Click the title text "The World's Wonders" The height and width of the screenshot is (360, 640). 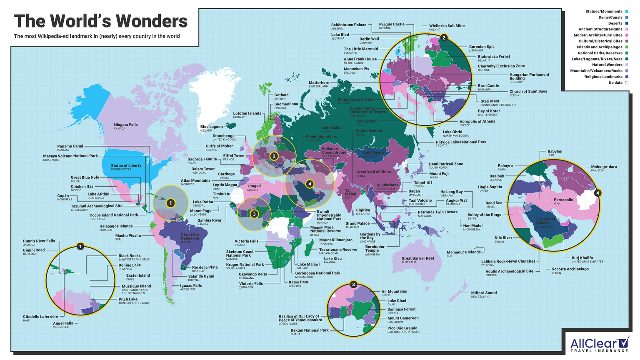[x=101, y=21]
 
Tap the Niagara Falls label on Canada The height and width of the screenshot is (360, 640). [x=125, y=125]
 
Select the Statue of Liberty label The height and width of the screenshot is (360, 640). [x=126, y=166]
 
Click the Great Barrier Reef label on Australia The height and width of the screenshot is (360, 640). [x=417, y=258]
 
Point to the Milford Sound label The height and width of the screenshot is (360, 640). [x=484, y=293]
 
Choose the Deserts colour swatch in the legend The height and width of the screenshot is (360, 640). [x=626, y=23]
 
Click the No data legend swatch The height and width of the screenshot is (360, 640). [x=626, y=82]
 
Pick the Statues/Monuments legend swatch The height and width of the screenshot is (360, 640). [x=626, y=12]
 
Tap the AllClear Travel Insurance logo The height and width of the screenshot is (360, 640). [x=600, y=344]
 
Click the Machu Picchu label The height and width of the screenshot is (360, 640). [x=128, y=236]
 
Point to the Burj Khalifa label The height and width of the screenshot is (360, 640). [x=582, y=258]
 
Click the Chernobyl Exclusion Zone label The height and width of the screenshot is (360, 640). [x=501, y=66]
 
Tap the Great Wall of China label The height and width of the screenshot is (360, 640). [x=373, y=172]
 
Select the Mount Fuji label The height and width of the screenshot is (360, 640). [x=439, y=174]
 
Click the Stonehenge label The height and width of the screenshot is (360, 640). [x=223, y=136]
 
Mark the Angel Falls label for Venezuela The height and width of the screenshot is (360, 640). [x=63, y=323]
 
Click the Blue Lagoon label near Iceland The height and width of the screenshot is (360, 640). [x=211, y=127]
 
